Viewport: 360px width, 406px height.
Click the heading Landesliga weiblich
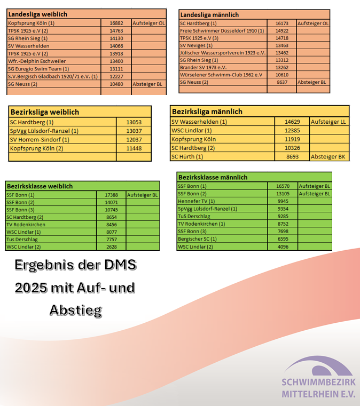coord(37,14)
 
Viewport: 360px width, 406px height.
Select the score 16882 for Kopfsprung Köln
coord(116,23)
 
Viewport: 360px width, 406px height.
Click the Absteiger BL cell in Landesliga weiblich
coord(147,84)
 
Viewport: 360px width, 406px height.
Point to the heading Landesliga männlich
coord(210,15)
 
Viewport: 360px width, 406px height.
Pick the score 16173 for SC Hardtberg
coord(282,23)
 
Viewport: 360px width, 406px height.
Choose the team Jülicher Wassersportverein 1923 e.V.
coord(223,53)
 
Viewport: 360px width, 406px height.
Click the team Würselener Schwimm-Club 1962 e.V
coord(221,75)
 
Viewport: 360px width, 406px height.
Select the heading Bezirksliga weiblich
coord(45,112)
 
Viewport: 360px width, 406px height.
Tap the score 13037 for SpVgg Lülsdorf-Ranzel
coord(134,131)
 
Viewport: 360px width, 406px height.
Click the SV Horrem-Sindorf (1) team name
coord(37,139)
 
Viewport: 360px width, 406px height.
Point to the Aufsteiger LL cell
coord(328,122)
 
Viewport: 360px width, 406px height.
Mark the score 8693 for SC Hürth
coord(292,156)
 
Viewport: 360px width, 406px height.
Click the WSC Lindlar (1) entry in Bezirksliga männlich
coord(192,130)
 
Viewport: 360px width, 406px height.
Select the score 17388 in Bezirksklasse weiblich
coord(111,195)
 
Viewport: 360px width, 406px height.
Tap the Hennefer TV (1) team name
coord(196,201)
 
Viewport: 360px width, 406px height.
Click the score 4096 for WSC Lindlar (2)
coord(283,247)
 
